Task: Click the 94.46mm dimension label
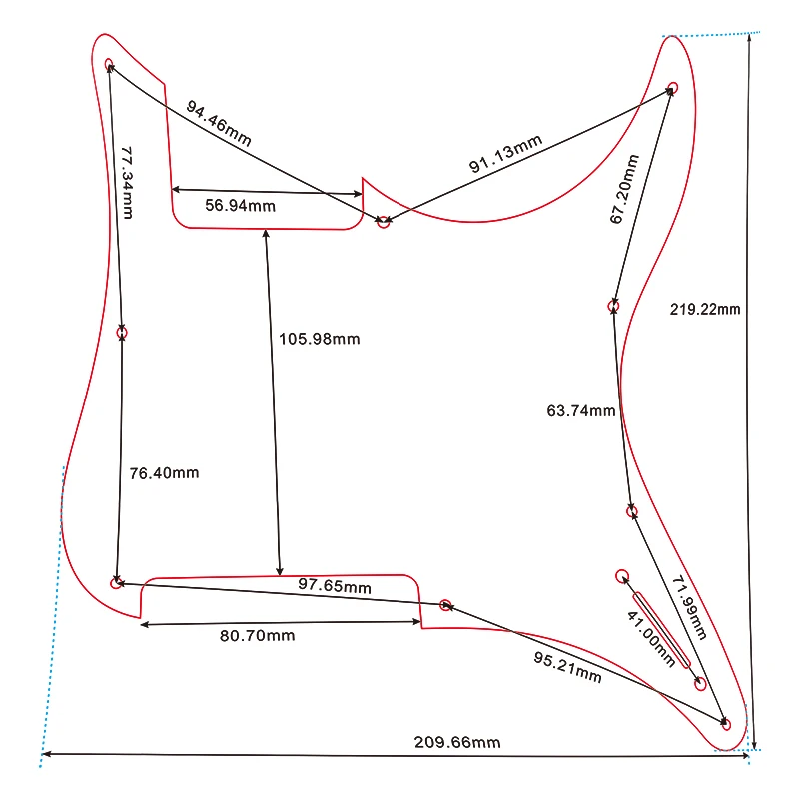click(218, 123)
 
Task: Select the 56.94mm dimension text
click(240, 206)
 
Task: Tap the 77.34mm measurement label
click(127, 183)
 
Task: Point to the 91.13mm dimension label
click(505, 154)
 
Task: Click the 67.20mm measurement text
click(624, 189)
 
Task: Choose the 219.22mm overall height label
click(705, 309)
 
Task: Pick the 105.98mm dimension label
click(319, 339)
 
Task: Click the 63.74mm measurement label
click(581, 410)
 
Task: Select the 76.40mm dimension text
click(164, 473)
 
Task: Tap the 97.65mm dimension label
click(335, 586)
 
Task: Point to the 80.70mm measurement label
click(258, 636)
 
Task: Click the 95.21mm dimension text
click(567, 667)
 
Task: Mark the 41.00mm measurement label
click(651, 639)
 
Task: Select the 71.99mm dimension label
click(689, 607)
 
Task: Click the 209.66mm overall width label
click(457, 742)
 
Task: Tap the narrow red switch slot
click(661, 630)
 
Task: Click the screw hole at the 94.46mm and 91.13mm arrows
click(384, 222)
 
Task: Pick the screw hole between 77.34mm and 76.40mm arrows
click(121, 333)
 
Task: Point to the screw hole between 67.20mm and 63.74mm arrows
click(613, 306)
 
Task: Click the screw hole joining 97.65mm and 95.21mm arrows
click(445, 605)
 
